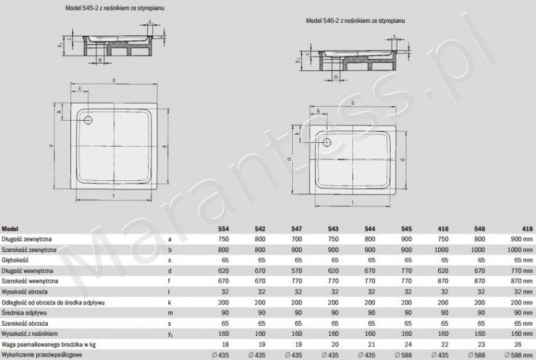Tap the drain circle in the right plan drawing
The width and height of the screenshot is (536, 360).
coord(327,140)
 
